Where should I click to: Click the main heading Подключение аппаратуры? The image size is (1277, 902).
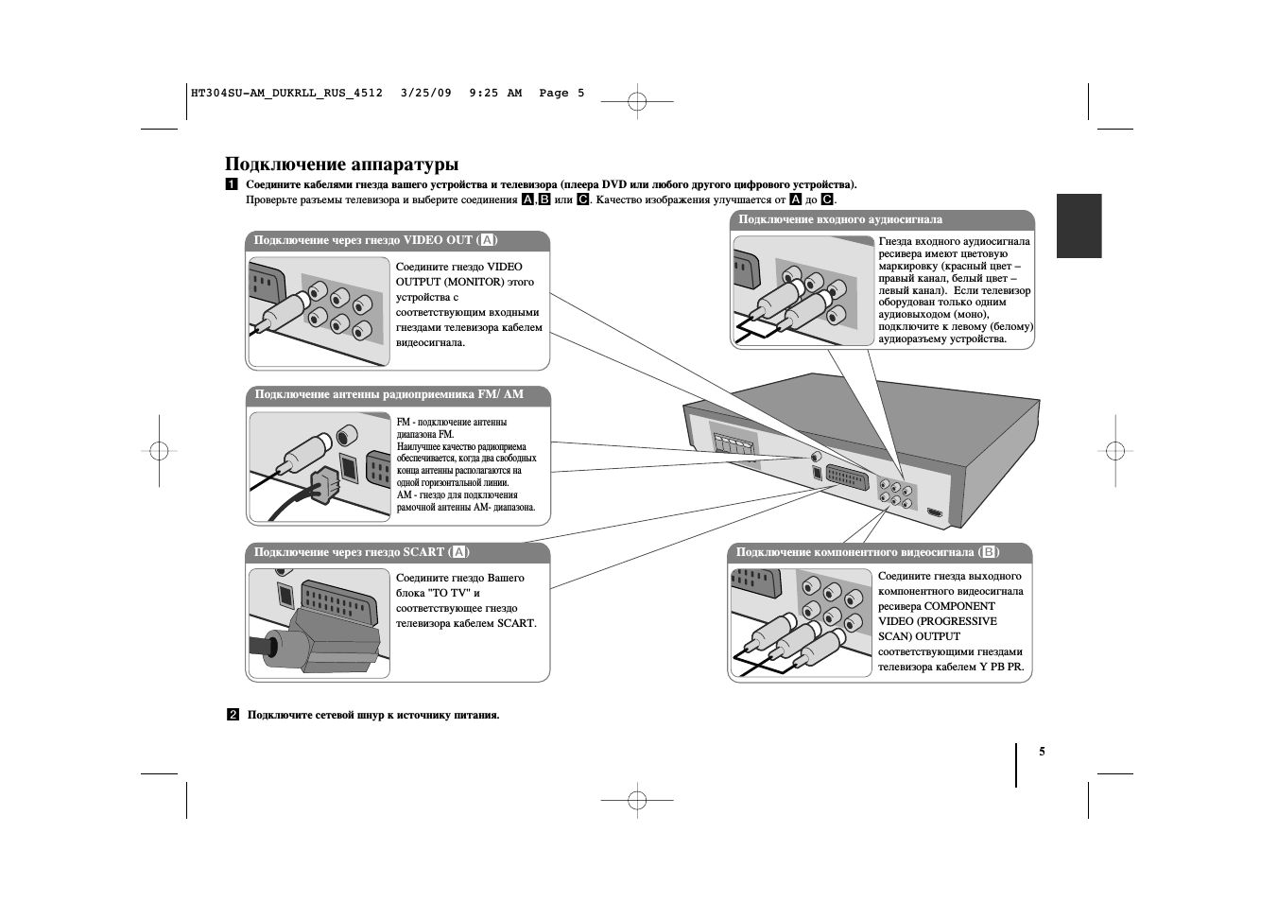[341, 165]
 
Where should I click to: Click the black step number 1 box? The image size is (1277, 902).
[232, 184]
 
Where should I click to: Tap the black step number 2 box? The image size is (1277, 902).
[233, 715]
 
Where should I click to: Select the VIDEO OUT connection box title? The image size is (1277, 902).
[375, 240]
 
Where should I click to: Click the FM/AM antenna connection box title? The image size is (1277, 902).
[388, 394]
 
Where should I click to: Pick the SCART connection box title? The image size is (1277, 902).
[361, 552]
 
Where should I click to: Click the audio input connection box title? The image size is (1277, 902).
[839, 219]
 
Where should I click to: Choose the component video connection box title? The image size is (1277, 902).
[867, 552]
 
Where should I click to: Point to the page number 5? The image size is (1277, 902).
[1043, 752]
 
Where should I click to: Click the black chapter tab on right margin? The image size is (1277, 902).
[1079, 226]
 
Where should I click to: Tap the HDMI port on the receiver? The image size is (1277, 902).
[935, 513]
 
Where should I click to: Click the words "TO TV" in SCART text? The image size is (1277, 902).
[450, 593]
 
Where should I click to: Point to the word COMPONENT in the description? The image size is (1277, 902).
[959, 606]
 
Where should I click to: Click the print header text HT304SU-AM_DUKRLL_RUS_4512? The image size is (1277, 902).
[286, 93]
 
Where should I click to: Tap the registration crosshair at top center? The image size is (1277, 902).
[637, 100]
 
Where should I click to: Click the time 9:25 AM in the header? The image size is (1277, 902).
[495, 93]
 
